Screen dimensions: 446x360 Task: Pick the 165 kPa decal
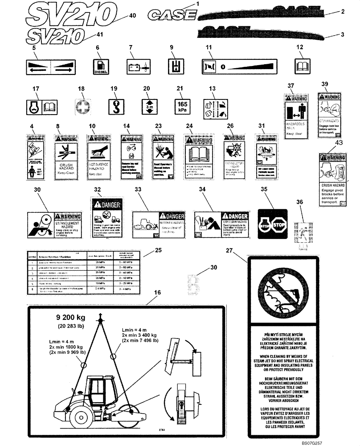coord(182,106)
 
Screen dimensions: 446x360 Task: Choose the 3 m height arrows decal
coord(148,107)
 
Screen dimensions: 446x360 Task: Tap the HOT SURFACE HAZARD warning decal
coord(98,158)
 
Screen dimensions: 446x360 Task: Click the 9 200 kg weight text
coord(71,318)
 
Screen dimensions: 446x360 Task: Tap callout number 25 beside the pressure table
coord(157,251)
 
